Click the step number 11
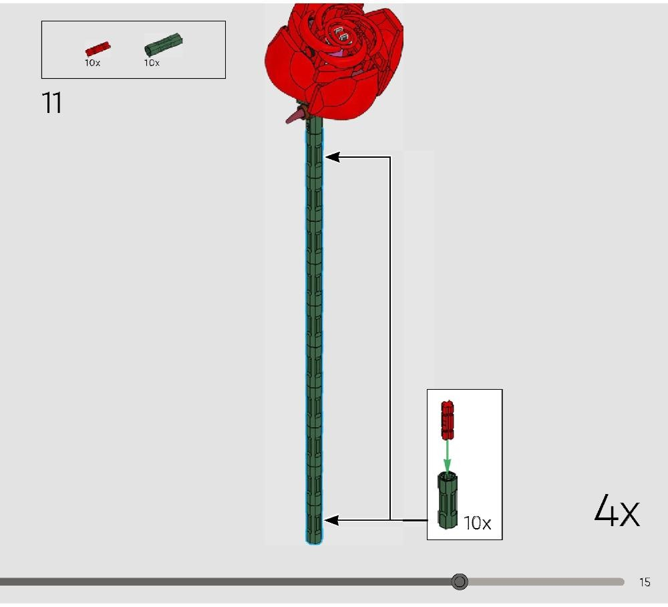point(52,103)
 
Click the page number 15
point(645,582)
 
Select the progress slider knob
point(460,582)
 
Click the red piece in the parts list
point(98,49)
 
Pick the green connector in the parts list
point(164,44)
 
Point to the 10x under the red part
point(92,63)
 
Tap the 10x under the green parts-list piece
point(152,63)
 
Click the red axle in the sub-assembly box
point(448,420)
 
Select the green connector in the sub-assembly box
point(448,501)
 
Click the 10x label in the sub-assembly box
point(477,523)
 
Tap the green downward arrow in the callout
point(447,455)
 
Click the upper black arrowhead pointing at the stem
point(332,157)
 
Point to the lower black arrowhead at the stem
point(331,520)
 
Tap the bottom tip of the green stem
point(315,543)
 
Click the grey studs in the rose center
point(342,35)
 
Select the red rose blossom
point(334,62)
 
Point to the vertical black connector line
point(390,338)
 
